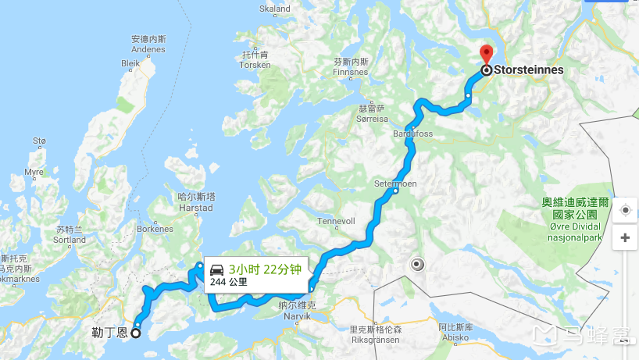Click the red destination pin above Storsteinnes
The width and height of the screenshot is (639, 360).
[486, 55]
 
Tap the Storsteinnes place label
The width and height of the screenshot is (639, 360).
[528, 70]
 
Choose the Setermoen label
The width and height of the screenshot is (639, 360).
[395, 184]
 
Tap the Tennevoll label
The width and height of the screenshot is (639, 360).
[337, 220]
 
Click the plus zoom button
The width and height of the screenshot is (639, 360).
[625, 237]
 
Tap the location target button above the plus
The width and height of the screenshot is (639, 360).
[625, 211]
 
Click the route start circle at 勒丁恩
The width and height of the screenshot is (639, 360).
[135, 333]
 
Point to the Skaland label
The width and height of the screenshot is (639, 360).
[275, 9]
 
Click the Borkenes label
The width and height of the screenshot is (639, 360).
[155, 229]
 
